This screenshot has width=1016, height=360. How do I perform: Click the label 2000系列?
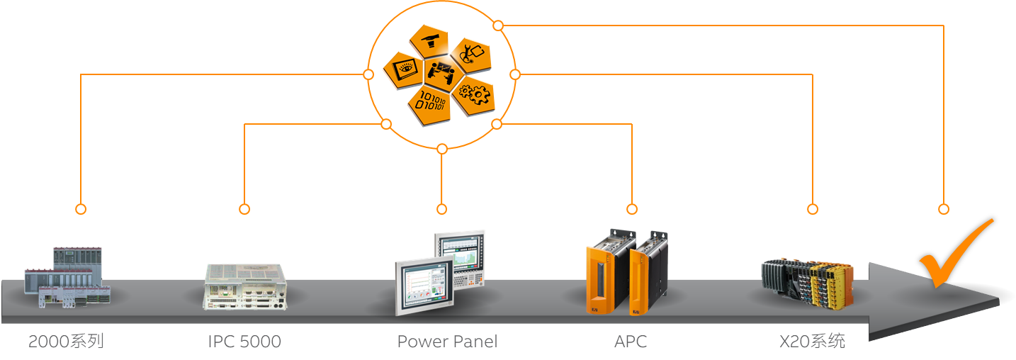(x=66, y=342)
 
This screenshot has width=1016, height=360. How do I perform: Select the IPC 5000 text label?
(x=244, y=342)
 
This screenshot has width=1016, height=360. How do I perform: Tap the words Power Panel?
(x=447, y=342)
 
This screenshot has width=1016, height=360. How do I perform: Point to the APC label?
(x=631, y=342)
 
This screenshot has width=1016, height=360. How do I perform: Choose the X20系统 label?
(x=812, y=342)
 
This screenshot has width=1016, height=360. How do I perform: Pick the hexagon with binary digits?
(x=430, y=101)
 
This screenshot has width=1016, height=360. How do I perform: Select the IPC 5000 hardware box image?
(x=247, y=286)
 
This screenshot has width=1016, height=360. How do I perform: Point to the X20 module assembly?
(x=807, y=282)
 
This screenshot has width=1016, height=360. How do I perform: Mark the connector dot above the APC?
(x=632, y=209)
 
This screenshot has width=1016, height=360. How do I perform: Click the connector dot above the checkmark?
(x=944, y=209)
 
